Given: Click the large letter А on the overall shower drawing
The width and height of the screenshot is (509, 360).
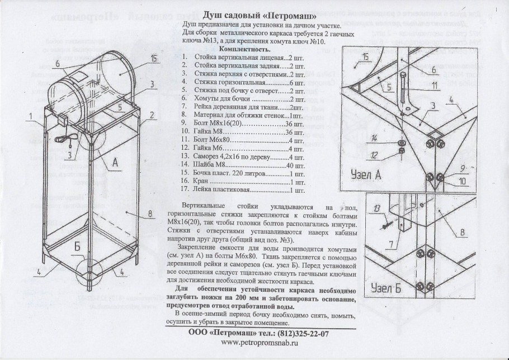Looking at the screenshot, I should [115, 162].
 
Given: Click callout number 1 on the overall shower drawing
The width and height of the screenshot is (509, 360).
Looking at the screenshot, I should [29, 116].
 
